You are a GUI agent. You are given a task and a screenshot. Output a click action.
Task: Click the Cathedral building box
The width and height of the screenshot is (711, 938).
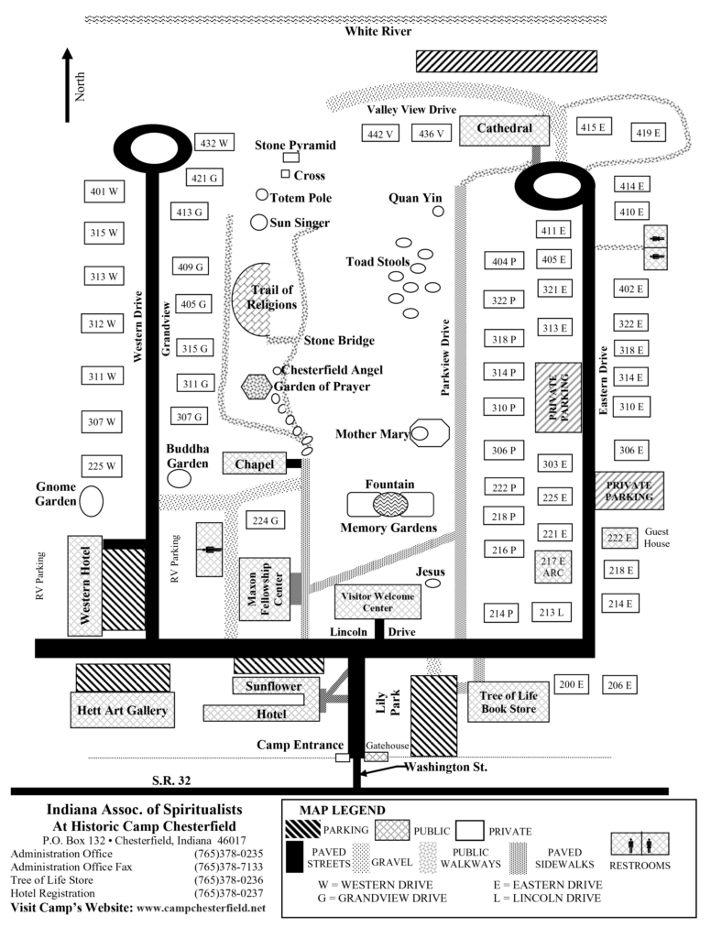[504, 129]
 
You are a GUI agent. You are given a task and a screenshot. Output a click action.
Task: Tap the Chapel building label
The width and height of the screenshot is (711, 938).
[254, 464]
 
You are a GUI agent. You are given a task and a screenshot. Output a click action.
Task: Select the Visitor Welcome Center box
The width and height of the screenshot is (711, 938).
[377, 602]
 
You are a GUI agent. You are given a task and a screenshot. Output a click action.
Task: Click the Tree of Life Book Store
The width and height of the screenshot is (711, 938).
[508, 703]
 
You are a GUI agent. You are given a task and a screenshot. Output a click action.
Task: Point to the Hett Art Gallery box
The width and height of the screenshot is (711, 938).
[123, 711]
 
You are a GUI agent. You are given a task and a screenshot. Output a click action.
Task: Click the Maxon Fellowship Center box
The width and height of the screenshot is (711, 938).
[264, 595]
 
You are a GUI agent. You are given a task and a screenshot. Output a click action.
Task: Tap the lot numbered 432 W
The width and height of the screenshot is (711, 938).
[214, 143]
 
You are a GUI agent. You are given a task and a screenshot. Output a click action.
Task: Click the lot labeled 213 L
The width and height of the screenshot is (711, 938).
[551, 613]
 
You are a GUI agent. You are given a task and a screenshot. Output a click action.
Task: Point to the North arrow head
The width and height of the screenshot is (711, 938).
[67, 55]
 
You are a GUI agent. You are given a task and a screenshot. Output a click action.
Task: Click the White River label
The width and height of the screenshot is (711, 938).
[377, 31]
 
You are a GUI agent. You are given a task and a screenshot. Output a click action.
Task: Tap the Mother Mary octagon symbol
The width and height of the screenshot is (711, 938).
[429, 432]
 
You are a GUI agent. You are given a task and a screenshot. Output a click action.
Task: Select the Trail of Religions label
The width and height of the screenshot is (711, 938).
[272, 298]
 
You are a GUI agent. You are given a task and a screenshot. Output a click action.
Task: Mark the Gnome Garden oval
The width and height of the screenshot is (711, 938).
[91, 501]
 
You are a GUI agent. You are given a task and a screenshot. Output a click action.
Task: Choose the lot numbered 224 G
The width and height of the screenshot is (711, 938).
[264, 520]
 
